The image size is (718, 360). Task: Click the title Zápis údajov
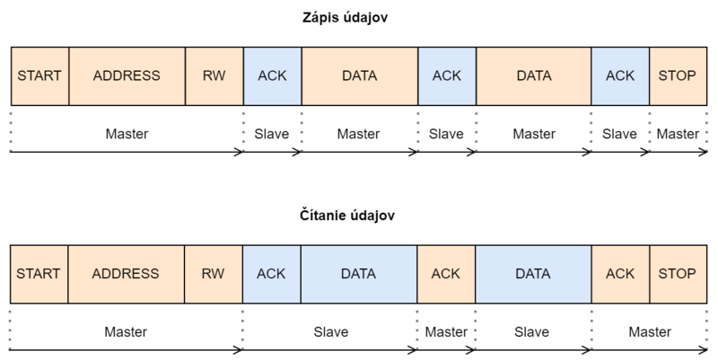tap(345, 17)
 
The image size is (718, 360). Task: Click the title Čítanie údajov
tap(347, 215)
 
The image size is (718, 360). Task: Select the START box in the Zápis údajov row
tap(39, 76)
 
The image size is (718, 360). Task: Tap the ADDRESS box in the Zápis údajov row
tap(127, 76)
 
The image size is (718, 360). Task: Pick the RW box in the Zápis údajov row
tap(215, 76)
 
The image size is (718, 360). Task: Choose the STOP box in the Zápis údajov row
tap(679, 76)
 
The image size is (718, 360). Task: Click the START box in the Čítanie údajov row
tap(39, 274)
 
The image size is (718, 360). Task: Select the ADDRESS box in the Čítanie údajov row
tap(127, 274)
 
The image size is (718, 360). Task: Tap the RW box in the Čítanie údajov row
tap(214, 274)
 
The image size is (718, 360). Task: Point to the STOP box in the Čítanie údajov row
tap(679, 274)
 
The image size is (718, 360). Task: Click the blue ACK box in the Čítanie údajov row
tap(272, 274)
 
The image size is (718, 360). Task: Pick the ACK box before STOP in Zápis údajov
tap(620, 76)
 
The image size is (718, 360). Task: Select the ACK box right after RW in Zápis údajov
tap(273, 76)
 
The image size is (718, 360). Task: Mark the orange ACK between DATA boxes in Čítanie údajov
tap(446, 274)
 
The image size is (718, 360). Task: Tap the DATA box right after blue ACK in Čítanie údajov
tap(359, 274)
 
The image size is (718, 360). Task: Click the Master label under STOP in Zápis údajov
tap(678, 134)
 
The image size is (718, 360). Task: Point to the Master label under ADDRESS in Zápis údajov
tap(127, 134)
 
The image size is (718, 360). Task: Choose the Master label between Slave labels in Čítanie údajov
tap(446, 331)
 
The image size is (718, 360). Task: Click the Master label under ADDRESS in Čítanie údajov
tap(126, 331)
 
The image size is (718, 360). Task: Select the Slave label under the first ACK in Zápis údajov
tap(272, 134)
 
